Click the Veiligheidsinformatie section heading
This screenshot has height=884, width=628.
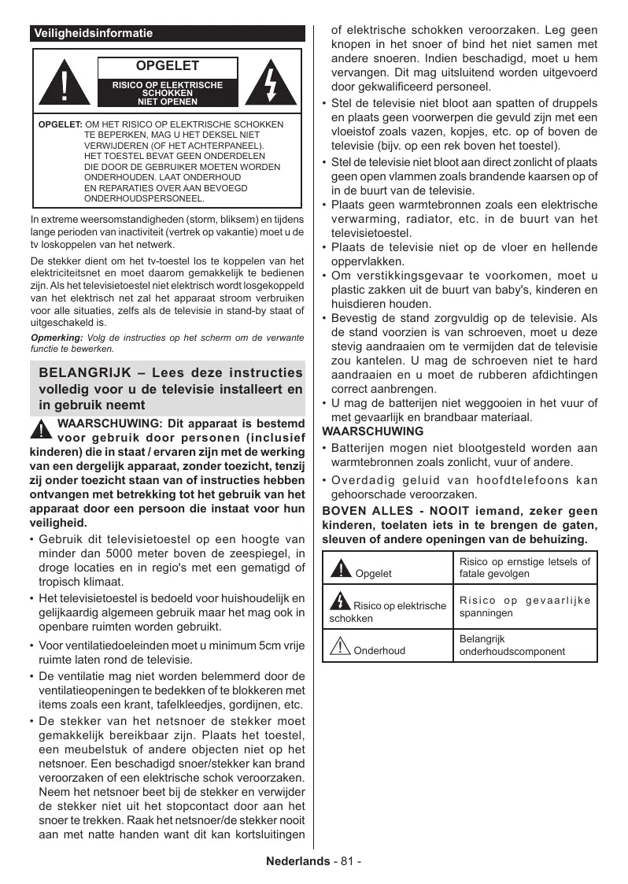tap(93, 34)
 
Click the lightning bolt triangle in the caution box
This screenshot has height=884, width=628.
tap(271, 82)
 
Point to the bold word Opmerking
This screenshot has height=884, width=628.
tap(50, 338)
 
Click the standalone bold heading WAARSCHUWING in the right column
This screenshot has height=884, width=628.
tap(373, 431)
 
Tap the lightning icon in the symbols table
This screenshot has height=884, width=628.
tap(340, 601)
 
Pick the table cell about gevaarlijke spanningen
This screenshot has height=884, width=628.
tap(524, 606)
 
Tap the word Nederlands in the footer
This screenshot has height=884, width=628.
tap(297, 860)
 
